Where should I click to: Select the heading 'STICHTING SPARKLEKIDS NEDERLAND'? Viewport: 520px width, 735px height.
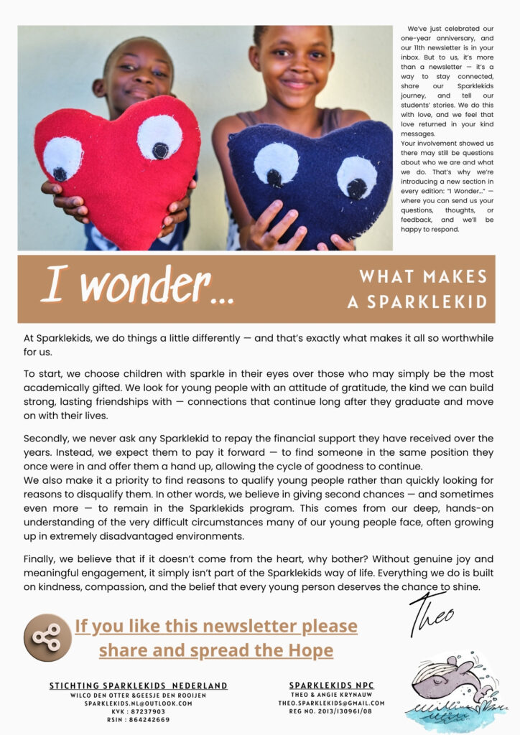(x=139, y=685)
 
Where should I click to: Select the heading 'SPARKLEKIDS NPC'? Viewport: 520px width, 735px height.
(x=332, y=685)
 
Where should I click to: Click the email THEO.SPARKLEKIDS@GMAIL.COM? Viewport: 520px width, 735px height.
(x=332, y=703)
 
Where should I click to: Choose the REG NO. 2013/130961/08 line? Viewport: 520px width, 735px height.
(x=332, y=711)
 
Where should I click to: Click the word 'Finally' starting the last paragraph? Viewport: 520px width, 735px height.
(x=40, y=558)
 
